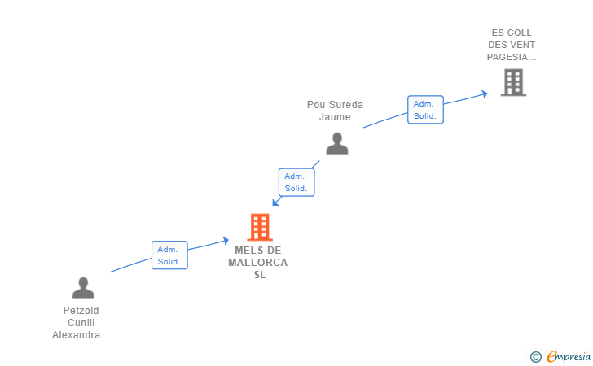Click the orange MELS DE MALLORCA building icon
click(259, 227)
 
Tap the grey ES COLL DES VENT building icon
click(513, 82)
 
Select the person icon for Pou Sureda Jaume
click(336, 143)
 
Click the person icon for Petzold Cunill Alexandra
click(83, 288)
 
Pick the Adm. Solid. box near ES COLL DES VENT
click(425, 110)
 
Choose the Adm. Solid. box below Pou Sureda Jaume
click(296, 182)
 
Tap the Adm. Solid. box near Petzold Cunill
click(169, 255)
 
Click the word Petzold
click(81, 311)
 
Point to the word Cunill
click(81, 323)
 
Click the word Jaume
click(335, 117)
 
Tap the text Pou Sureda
click(335, 105)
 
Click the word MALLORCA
click(258, 263)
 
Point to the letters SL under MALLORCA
click(259, 275)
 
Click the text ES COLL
click(512, 33)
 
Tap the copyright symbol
click(535, 357)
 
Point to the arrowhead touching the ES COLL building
click(484, 94)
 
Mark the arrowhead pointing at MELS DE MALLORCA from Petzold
click(225, 240)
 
